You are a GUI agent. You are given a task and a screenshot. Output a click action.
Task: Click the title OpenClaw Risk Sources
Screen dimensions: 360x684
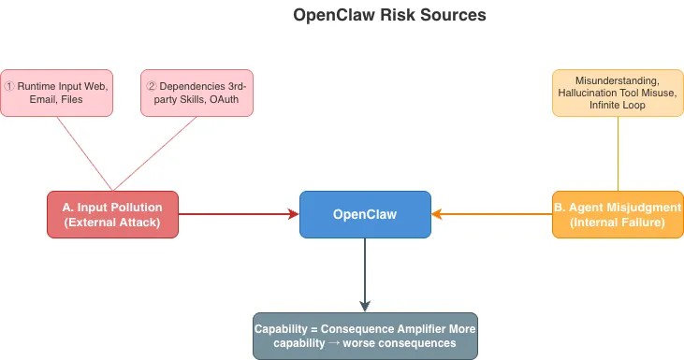[388, 16]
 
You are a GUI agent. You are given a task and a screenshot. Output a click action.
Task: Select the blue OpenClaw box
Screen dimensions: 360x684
[365, 214]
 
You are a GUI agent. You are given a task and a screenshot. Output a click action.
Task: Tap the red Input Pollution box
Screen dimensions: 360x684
[112, 214]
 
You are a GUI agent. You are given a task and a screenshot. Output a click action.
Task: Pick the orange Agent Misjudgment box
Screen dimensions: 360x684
[618, 214]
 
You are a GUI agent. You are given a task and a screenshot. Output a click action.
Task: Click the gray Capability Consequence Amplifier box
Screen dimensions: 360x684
[365, 336]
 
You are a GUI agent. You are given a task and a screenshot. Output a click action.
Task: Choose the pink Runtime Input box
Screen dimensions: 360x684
[57, 93]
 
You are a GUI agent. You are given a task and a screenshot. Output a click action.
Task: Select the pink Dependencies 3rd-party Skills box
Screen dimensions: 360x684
[196, 93]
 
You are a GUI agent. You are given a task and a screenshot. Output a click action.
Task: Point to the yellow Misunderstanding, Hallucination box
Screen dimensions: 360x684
[618, 93]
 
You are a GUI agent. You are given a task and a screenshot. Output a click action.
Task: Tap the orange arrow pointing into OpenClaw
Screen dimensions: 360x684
[491, 214]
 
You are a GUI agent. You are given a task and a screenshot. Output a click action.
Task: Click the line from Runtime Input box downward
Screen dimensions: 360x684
[85, 153]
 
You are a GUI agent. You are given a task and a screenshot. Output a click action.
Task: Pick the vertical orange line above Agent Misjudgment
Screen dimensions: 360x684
[618, 154]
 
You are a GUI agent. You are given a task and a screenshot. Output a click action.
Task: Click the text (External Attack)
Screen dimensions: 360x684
[112, 223]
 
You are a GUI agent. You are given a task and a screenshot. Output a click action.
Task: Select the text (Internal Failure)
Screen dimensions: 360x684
[618, 223]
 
